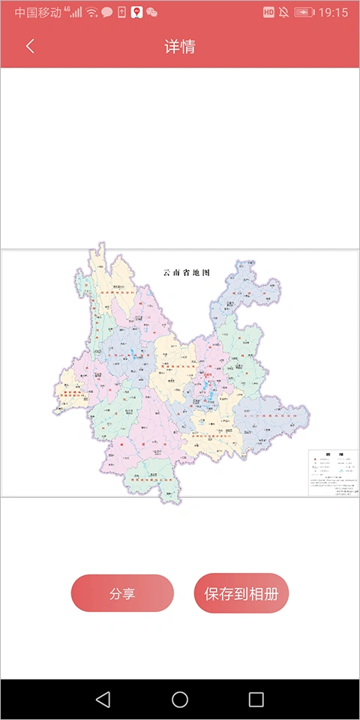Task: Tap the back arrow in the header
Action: click(x=30, y=46)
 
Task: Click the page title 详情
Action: click(x=180, y=46)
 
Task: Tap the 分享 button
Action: click(x=122, y=593)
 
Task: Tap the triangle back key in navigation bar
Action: click(x=103, y=700)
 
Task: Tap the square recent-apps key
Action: click(x=256, y=700)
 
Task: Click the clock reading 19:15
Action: click(x=333, y=13)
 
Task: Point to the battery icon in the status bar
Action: click(x=304, y=13)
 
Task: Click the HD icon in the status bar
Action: click(x=269, y=13)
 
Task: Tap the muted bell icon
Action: click(x=284, y=13)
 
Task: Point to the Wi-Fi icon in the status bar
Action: click(x=91, y=13)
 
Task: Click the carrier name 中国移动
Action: click(x=37, y=13)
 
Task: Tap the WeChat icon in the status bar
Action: click(x=152, y=13)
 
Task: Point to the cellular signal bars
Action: click(x=76, y=13)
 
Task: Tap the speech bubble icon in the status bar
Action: click(x=107, y=13)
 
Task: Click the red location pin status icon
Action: click(x=136, y=13)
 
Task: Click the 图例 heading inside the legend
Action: click(x=334, y=454)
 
